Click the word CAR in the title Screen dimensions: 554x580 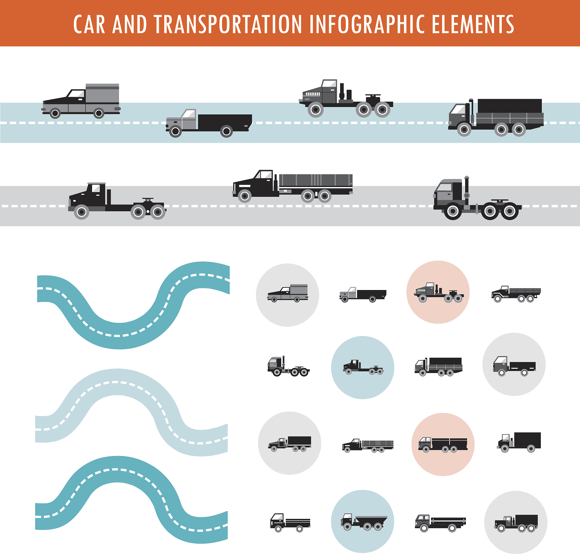[x=89, y=24]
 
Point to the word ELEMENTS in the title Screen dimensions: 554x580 [x=473, y=24]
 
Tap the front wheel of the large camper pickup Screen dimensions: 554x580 [x=55, y=113]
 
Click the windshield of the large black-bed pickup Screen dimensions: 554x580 [x=189, y=114]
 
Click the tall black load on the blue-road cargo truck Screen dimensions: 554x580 [x=509, y=106]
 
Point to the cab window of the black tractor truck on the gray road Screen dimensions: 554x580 [x=96, y=188]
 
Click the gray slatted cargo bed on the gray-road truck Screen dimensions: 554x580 [x=315, y=180]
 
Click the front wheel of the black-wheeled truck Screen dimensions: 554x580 [x=453, y=211]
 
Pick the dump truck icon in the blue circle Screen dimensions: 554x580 [x=363, y=522]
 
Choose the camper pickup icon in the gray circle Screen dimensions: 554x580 [x=287, y=294]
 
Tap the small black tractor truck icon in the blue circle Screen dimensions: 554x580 [x=363, y=367]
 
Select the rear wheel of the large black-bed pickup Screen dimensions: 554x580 [x=227, y=131]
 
